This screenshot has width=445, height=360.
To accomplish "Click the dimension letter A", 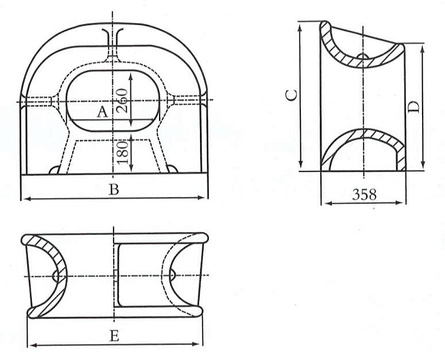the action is click(102, 112).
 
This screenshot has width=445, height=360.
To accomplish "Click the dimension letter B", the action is click(114, 189).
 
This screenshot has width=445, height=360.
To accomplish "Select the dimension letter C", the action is click(292, 95).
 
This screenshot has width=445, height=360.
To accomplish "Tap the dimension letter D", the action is click(413, 107).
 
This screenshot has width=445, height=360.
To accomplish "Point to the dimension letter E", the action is click(114, 336).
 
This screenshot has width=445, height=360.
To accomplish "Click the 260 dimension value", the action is click(123, 100).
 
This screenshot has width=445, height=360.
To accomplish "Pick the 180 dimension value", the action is click(123, 153).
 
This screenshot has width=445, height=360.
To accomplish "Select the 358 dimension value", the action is click(364, 195).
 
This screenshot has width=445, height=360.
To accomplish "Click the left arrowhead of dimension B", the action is click(27, 199).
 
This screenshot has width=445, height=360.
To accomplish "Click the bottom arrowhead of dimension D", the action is click(423, 165).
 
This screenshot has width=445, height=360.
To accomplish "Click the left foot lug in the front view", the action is click(55, 169).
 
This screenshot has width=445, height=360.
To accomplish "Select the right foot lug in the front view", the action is click(172, 168).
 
